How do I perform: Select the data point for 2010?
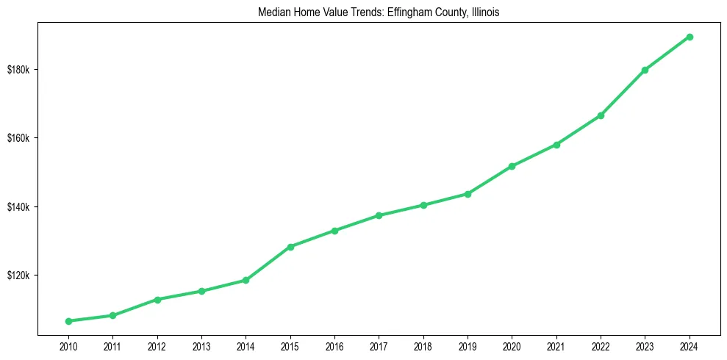[68, 321]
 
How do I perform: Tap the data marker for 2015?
[290, 247]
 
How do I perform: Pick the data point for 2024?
[690, 37]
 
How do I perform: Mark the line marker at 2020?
[512, 166]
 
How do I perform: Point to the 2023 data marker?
[645, 70]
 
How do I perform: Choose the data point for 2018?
[423, 205]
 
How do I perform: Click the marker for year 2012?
[157, 300]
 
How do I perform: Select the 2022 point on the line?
[601, 115]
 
